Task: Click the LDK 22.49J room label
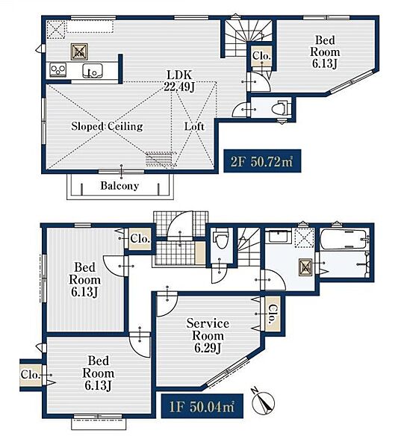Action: coord(179,81)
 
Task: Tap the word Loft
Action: coord(194,126)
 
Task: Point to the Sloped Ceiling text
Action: coord(107,126)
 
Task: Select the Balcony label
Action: coord(119,186)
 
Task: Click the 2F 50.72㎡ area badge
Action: coord(262,161)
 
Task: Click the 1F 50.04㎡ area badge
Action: coord(202,406)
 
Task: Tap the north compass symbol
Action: coord(263,402)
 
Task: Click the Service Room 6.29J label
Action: coord(208,336)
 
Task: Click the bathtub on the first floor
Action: coord(344,239)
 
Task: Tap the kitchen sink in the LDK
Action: coord(93,71)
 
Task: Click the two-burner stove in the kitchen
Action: coord(58,69)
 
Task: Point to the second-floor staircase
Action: coord(247,38)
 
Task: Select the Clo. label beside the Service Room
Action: coord(272,314)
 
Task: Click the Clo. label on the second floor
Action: coord(261,56)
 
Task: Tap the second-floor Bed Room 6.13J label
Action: coord(325,52)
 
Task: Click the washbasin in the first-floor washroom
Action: coord(280,236)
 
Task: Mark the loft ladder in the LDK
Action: coord(161,159)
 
